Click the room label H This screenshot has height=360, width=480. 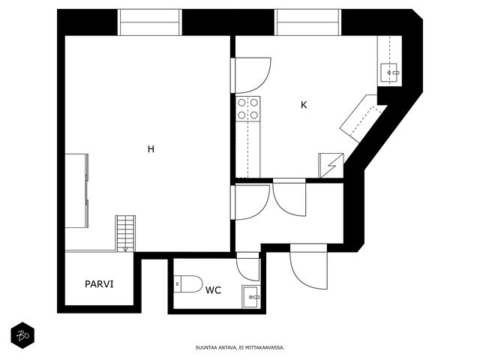point(151,149)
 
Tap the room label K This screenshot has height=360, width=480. point(304,105)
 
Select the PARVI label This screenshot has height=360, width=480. point(99,284)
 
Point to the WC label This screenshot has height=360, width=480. point(213,290)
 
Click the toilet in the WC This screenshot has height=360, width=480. point(188,283)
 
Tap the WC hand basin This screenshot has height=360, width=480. point(251,297)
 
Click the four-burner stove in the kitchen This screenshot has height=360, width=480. point(248,109)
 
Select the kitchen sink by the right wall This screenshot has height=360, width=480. point(388,73)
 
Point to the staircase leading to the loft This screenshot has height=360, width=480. point(125,233)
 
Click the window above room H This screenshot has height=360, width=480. point(150,22)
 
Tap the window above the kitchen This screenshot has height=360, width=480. point(308,22)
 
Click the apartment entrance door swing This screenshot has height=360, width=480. point(308,266)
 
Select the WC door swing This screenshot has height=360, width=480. point(248,266)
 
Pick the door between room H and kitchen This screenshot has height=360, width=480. point(250,75)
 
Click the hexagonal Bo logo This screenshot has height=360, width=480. point(22,335)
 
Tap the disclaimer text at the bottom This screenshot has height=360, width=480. point(240,348)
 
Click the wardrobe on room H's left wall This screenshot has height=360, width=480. point(76,190)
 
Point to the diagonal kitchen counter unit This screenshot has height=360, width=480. point(363,118)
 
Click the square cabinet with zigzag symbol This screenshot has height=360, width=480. point(331,165)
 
